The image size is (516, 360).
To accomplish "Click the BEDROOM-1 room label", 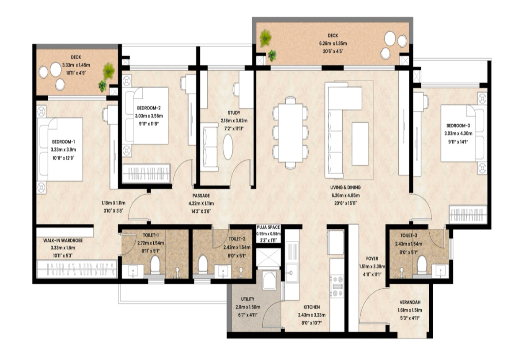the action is [63, 142].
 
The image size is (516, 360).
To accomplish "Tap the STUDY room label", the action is [234, 113].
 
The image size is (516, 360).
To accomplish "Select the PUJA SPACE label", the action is [268, 227].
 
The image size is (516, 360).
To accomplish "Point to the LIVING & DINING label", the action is [346, 188].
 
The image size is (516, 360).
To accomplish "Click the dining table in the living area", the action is [291, 133].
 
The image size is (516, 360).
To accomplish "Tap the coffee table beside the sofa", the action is [360, 144].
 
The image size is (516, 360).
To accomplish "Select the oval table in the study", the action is [228, 147].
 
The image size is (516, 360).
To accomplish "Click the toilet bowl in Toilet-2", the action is [203, 264].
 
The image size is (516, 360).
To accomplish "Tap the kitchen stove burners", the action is [337, 286].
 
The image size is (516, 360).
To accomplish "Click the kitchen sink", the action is [292, 273].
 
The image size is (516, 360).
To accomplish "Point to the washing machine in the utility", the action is [269, 280].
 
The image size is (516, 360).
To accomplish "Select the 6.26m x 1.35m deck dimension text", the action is [333, 44].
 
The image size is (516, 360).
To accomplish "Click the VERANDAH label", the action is [410, 302].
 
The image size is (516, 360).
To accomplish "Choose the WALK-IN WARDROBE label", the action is [63, 241].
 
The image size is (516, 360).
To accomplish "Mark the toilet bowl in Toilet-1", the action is [155, 265].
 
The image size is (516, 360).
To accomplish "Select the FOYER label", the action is [372, 259].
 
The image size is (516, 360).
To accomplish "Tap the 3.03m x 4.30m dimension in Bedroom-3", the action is [458, 134].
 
